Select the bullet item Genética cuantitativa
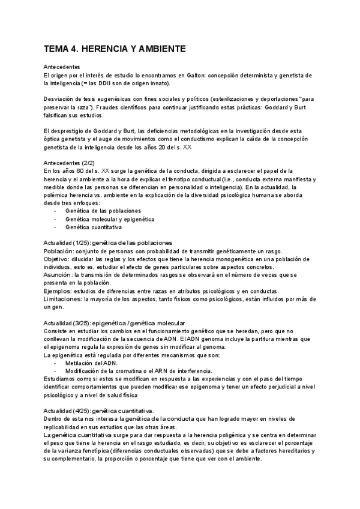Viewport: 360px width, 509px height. (93, 227)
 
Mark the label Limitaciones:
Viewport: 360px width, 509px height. (62, 298)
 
